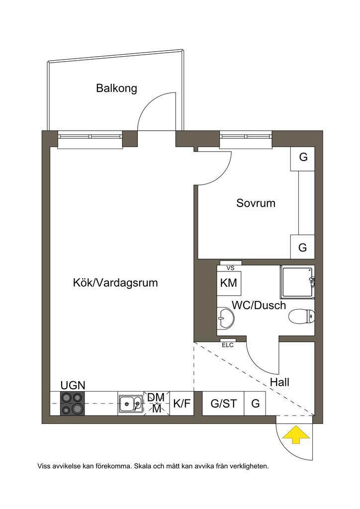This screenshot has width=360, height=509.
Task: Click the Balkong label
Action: tap(116, 88)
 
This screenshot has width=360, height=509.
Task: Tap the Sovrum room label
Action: tap(256, 203)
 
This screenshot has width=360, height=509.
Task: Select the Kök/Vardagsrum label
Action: tap(115, 283)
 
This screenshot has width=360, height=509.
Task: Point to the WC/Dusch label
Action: tap(259, 305)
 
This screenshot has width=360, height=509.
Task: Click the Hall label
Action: tap(279, 383)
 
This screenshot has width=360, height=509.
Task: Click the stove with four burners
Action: tap(73, 403)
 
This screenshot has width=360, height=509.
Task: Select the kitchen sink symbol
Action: tap(130, 404)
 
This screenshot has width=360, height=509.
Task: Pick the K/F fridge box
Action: tap(181, 403)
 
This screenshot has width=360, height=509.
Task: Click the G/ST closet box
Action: tap(223, 403)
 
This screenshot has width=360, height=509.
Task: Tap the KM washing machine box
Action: tap(229, 283)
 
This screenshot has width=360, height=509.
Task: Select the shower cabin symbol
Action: tap(297, 282)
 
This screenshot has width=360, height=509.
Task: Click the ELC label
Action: tap(227, 344)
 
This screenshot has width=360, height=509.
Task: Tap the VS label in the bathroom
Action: tap(230, 268)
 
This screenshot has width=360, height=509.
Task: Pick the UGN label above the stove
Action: tap(73, 385)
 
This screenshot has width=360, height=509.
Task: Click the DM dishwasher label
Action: tap(156, 397)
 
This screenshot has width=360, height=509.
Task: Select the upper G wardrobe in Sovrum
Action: tap(303, 158)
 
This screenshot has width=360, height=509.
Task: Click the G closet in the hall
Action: tap(255, 403)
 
